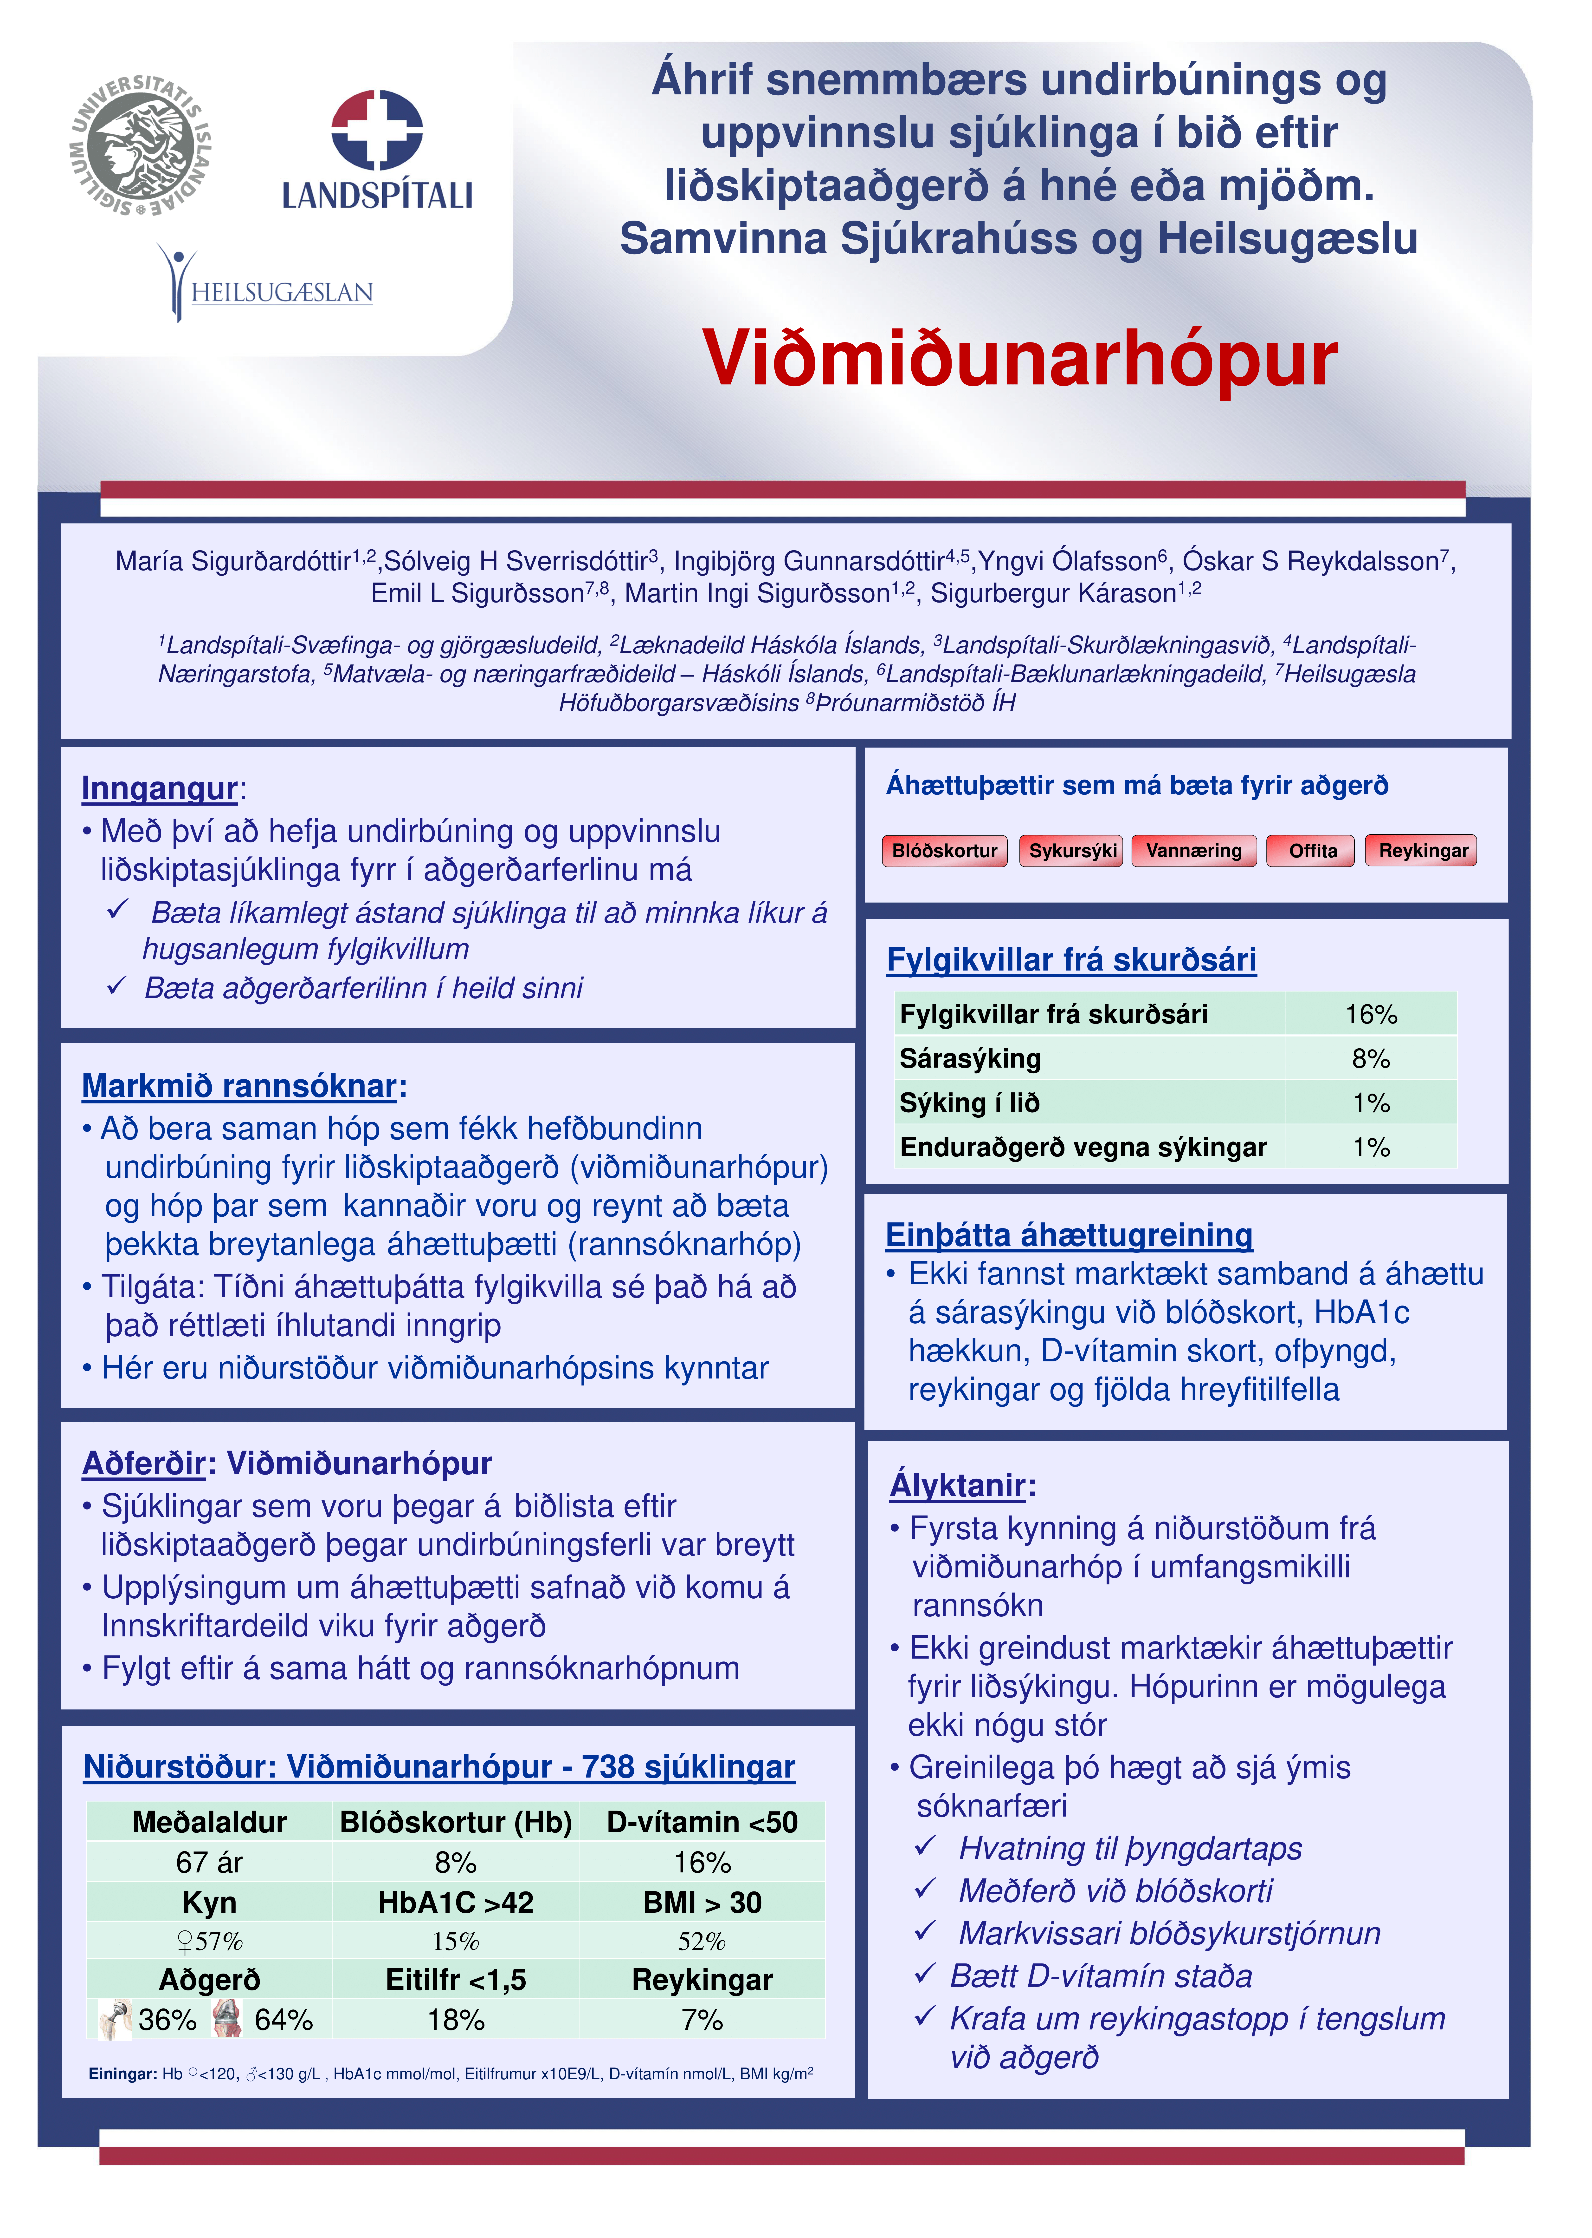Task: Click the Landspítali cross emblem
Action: pos(376,130)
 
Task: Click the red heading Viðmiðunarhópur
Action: pos(1019,359)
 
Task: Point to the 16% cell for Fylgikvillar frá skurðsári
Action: pos(1369,1014)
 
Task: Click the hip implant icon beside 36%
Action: pos(115,2019)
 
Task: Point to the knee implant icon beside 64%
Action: pos(227,2019)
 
